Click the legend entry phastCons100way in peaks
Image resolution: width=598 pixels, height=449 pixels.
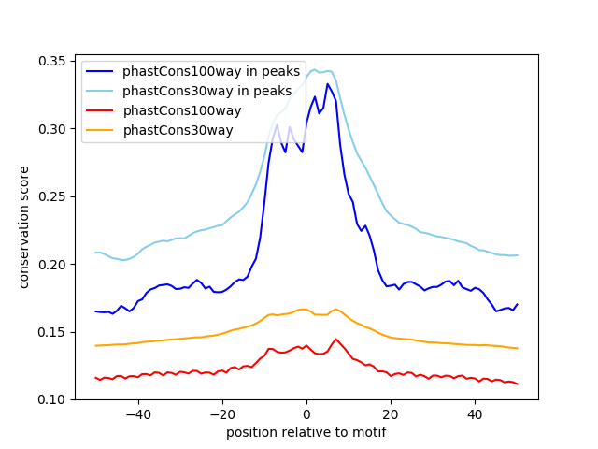point(210,71)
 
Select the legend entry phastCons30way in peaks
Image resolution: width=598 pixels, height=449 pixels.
point(206,91)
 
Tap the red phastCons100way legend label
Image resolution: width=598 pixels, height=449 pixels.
point(181,110)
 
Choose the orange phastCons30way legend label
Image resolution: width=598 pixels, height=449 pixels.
point(178,130)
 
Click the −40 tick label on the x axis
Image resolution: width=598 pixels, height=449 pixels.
point(137,414)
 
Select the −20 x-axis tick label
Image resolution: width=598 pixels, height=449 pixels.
point(221,414)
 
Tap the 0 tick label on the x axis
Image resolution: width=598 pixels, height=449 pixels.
point(306,414)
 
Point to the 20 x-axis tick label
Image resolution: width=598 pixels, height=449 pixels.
point(391,414)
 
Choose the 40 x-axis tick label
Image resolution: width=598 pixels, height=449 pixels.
point(475,414)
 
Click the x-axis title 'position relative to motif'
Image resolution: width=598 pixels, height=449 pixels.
point(306,432)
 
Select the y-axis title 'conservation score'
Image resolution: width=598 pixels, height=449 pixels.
point(24,227)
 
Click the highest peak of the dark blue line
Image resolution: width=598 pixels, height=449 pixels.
point(327,84)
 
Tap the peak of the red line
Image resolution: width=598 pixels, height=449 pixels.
point(335,339)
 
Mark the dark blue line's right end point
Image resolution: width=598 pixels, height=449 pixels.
point(517,304)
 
